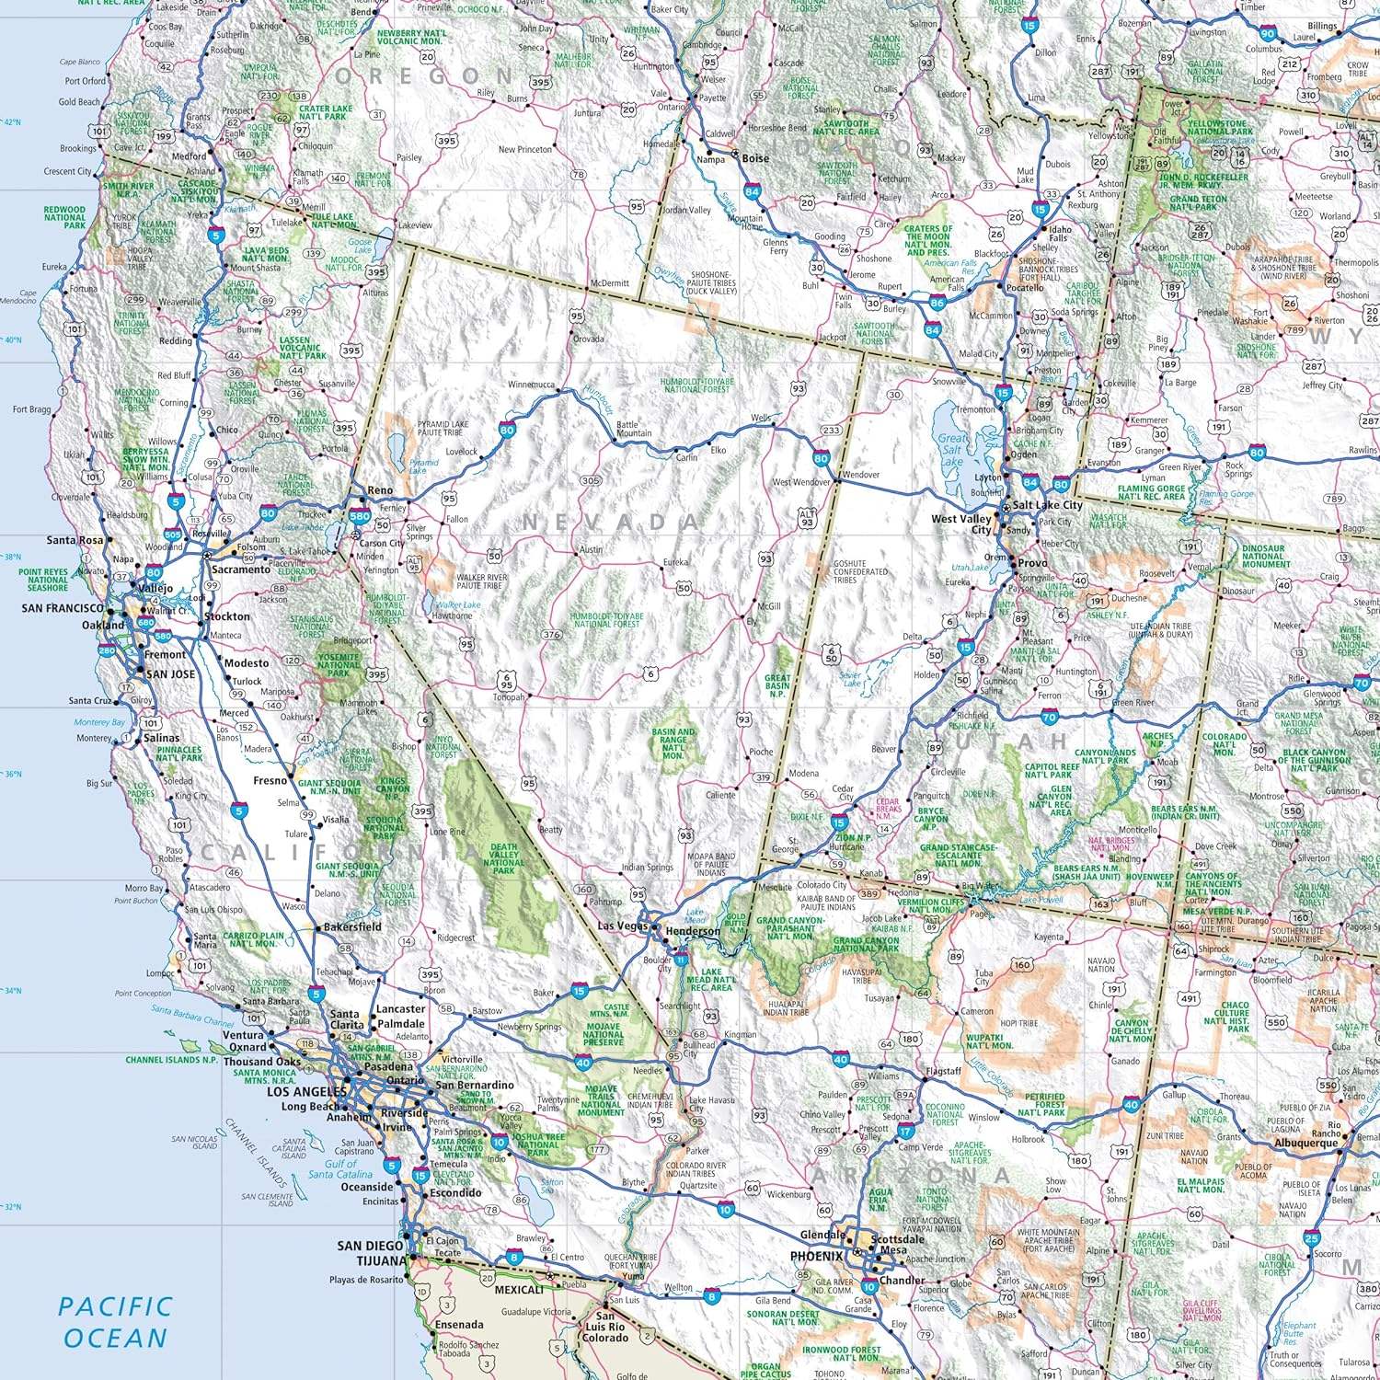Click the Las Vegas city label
point(623,926)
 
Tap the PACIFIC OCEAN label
point(115,1322)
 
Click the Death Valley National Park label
point(504,858)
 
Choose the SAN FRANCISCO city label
point(63,608)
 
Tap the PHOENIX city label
point(816,1256)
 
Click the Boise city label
point(755,158)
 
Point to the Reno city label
point(380,490)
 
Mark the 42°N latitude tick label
point(12,121)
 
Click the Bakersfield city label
point(352,926)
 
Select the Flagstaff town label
point(943,1071)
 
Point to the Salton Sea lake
point(532,1187)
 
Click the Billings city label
point(1322,26)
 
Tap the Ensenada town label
point(459,1325)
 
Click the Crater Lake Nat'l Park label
point(326,112)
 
